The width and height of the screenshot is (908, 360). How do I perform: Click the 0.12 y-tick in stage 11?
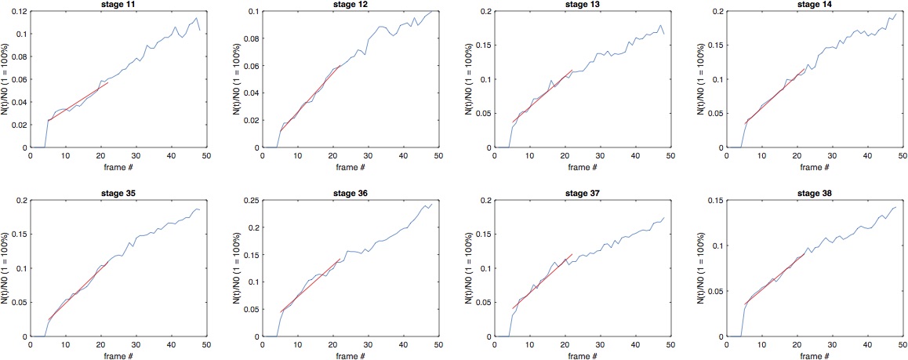pyautogui.click(x=20, y=12)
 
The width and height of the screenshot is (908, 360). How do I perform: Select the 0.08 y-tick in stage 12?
pyautogui.click(x=253, y=38)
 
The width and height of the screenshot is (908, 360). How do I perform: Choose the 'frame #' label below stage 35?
pyautogui.click(x=118, y=355)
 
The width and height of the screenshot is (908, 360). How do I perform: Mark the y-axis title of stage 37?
pyautogui.click(x=468, y=268)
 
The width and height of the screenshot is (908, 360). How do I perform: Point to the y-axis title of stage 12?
pyautogui.click(x=236, y=80)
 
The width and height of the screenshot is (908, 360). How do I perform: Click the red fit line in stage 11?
pyautogui.click(x=78, y=101)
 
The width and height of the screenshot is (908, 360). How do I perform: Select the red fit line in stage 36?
pyautogui.click(x=310, y=285)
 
